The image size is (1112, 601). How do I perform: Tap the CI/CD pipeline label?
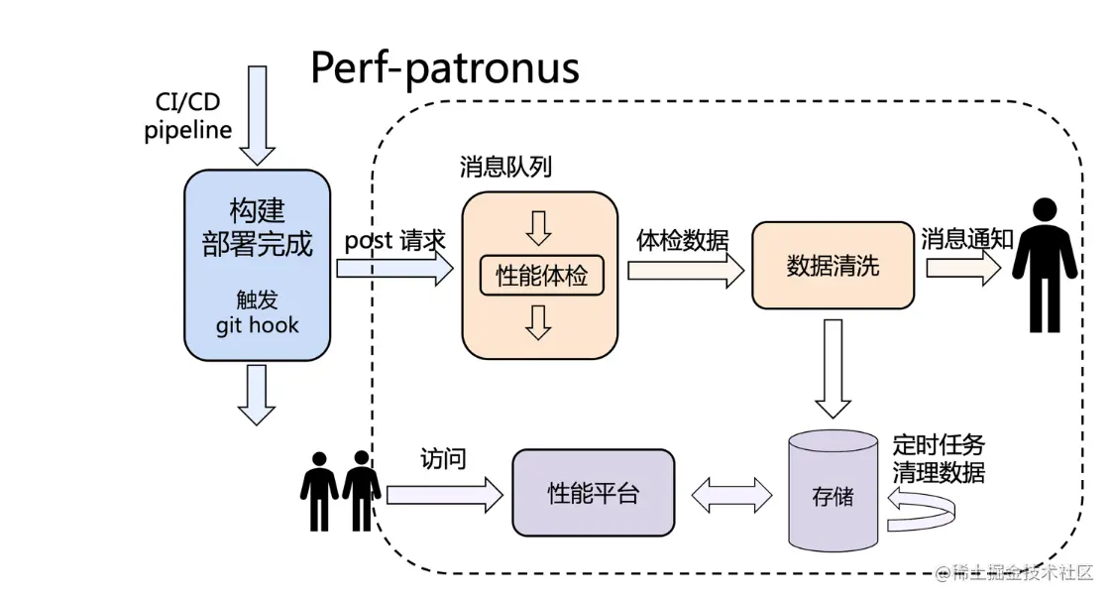click(x=188, y=116)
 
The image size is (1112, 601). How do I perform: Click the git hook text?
click(x=257, y=325)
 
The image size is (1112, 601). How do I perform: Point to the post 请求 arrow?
click(x=394, y=268)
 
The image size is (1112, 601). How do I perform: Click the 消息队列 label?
click(x=505, y=167)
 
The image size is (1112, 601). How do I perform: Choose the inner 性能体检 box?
click(x=541, y=275)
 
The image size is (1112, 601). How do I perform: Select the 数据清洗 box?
click(x=833, y=266)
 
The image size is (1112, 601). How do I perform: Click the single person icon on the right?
click(x=1045, y=265)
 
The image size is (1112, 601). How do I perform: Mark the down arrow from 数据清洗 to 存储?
click(x=833, y=368)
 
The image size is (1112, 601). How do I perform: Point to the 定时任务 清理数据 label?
click(x=939, y=458)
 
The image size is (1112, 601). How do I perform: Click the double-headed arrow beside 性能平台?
click(x=731, y=495)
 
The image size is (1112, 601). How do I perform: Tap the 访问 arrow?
click(x=444, y=494)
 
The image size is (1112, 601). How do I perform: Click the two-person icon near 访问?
click(x=341, y=491)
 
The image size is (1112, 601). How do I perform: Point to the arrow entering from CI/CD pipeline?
click(x=258, y=115)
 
